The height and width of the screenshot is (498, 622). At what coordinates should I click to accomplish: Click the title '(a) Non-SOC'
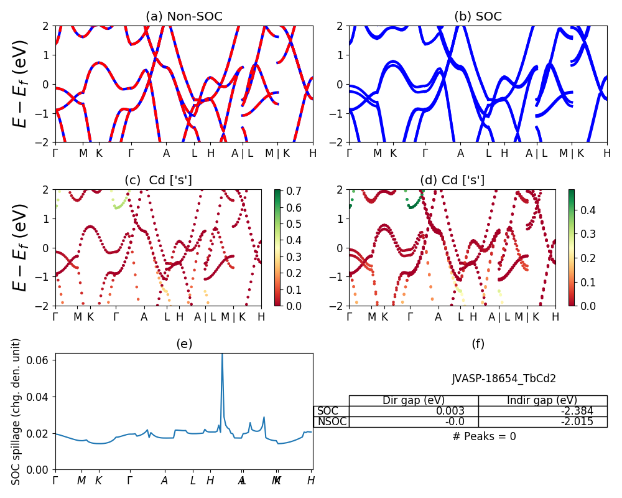point(183,17)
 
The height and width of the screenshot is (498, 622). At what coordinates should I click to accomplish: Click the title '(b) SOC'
point(478,17)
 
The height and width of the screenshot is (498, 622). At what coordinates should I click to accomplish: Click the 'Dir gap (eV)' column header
point(414,400)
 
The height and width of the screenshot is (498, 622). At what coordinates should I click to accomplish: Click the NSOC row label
point(331,422)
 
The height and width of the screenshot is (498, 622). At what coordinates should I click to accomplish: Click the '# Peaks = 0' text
point(484,436)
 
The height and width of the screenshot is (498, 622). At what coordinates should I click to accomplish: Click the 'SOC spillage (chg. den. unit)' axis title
point(17,411)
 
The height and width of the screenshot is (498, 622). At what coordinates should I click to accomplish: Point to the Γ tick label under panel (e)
point(55,481)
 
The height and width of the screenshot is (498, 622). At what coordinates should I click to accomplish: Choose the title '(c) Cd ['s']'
point(158,181)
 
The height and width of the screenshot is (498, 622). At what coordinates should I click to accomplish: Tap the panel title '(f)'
point(478,344)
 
